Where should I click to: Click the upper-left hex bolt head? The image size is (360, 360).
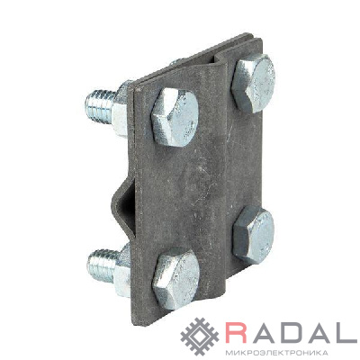(x=175, y=117)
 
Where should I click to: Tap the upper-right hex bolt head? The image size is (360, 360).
(x=254, y=84)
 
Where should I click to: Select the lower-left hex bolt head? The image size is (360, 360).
(x=175, y=274)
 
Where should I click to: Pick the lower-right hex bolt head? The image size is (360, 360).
(x=254, y=235)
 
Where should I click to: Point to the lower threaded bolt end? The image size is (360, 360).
(x=102, y=265)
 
